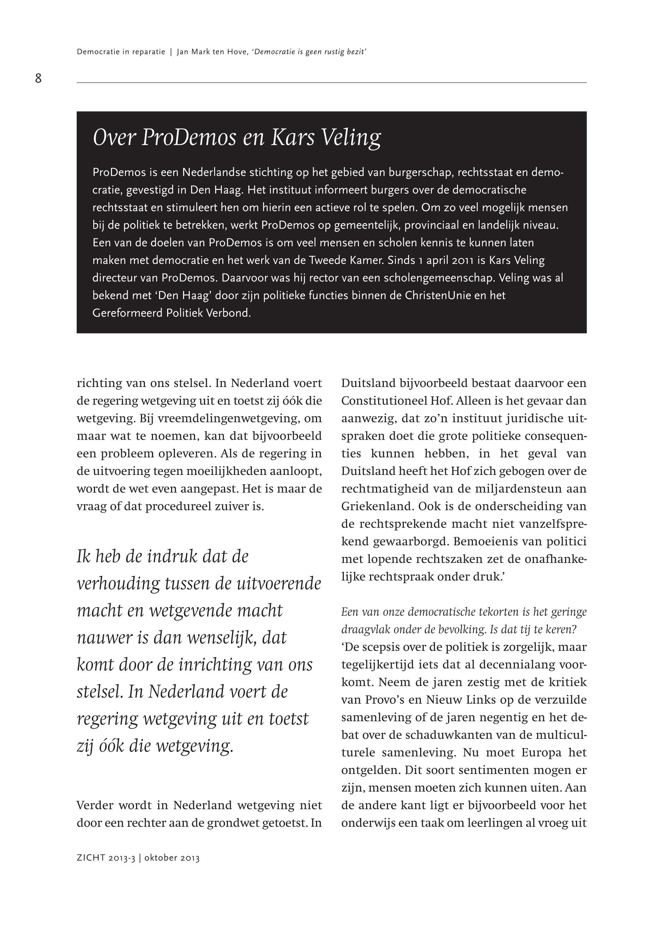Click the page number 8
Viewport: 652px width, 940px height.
(39, 78)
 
